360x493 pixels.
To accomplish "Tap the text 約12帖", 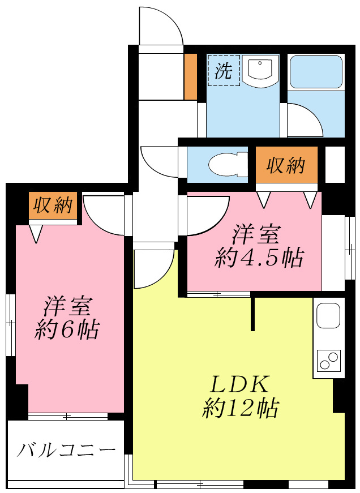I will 240,408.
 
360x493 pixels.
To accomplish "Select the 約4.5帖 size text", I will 259,258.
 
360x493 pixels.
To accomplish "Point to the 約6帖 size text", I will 67,329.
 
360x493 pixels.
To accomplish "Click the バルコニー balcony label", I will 66,451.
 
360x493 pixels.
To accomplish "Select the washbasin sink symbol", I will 262,70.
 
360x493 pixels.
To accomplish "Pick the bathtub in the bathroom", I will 316,72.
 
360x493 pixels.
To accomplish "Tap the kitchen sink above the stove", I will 328,315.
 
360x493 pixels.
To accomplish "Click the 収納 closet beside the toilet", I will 286,165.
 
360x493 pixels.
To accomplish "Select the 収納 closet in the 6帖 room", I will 53,206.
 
